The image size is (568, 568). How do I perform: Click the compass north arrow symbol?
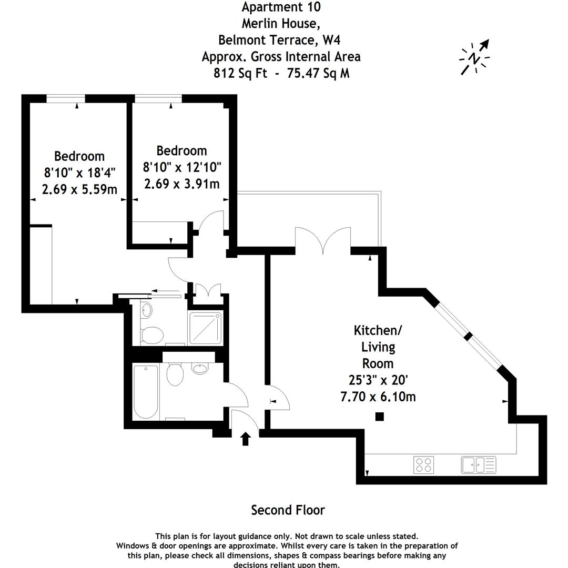point(475,57)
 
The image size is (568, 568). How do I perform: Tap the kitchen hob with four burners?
point(424,464)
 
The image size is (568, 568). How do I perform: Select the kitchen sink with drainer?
point(478,464)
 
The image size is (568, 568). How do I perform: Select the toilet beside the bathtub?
point(175,374)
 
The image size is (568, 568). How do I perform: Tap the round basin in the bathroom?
point(200,368)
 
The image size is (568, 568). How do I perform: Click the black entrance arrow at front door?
point(245,439)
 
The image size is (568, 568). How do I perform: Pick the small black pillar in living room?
point(379,417)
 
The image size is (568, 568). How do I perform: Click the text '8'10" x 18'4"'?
point(79,173)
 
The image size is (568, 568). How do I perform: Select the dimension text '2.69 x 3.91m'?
point(181,184)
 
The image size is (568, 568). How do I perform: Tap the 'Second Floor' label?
point(288,510)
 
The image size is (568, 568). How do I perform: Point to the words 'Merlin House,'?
point(280,23)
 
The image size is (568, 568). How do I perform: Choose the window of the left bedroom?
point(66,98)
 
